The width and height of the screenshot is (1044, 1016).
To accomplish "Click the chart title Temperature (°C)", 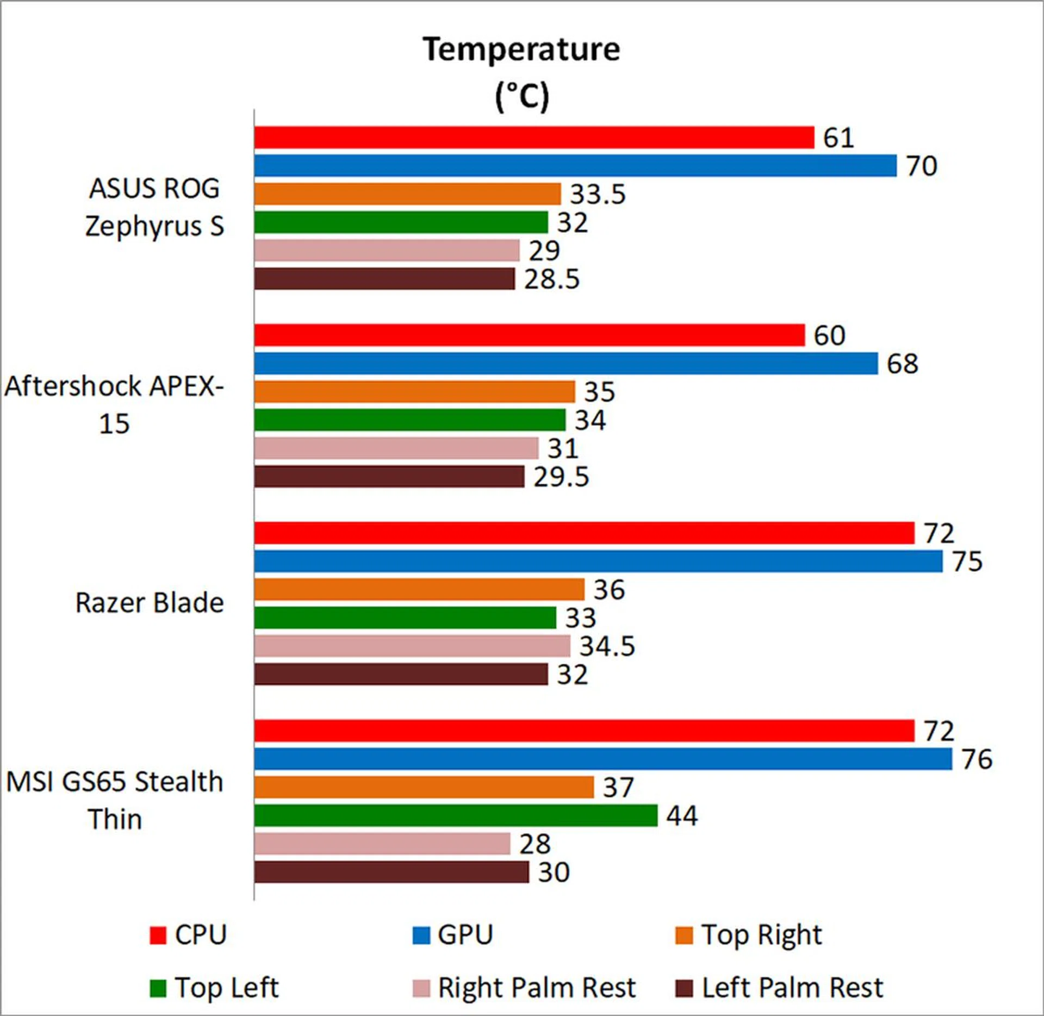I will coord(521,72).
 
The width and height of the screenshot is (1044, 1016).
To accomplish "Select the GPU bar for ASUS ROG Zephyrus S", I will coord(575,166).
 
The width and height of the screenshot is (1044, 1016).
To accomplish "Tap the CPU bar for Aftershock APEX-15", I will coord(529,335).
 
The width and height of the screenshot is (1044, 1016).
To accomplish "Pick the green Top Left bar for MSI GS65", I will coord(456,815).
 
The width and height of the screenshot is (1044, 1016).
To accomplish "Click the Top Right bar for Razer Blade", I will coord(419,589).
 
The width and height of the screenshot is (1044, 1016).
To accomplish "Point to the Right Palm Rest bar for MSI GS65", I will coord(382,844).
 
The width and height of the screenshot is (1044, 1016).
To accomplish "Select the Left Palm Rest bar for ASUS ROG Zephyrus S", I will coord(384,279).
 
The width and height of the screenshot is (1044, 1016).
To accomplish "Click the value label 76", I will coord(977,759).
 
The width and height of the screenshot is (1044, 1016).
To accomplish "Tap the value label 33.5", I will coord(598,194).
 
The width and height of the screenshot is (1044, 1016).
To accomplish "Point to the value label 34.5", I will coord(607,646).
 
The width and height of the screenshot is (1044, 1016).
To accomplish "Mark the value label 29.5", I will coord(561,477).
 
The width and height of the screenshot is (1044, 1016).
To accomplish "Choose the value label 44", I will coord(682,816).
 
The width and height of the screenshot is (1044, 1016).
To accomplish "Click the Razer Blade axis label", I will coord(150,603).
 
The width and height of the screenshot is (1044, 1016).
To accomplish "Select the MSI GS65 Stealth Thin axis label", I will coord(115,800).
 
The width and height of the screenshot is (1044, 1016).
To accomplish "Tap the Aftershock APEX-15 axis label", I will coord(114,404).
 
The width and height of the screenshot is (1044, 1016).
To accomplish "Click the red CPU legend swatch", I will coord(158,936).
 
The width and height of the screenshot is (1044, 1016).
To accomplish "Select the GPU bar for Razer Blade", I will coord(598,561).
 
